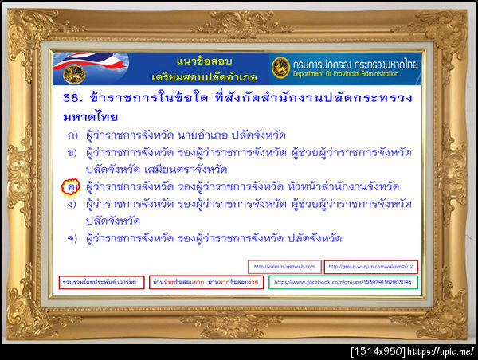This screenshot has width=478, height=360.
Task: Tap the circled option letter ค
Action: coord(71,186)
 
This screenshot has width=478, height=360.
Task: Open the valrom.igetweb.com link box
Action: coord(284,266)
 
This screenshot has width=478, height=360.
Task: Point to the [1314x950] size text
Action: coord(379,351)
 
